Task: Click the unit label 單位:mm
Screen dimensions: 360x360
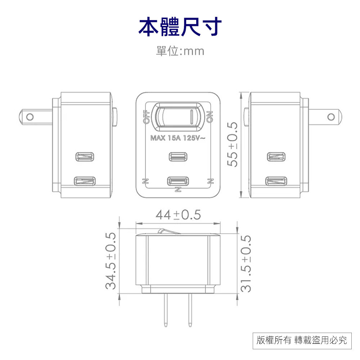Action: [180, 51]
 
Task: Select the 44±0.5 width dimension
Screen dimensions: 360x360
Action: [178, 215]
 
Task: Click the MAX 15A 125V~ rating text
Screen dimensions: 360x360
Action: [177, 138]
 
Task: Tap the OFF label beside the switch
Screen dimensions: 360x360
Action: [146, 117]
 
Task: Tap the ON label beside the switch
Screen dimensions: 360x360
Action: [210, 117]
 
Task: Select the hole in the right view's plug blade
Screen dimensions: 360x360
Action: [330, 117]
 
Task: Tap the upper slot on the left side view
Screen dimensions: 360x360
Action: [85, 157]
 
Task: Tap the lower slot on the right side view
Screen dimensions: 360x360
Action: [276, 181]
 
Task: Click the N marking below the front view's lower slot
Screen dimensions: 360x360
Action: [177, 189]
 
